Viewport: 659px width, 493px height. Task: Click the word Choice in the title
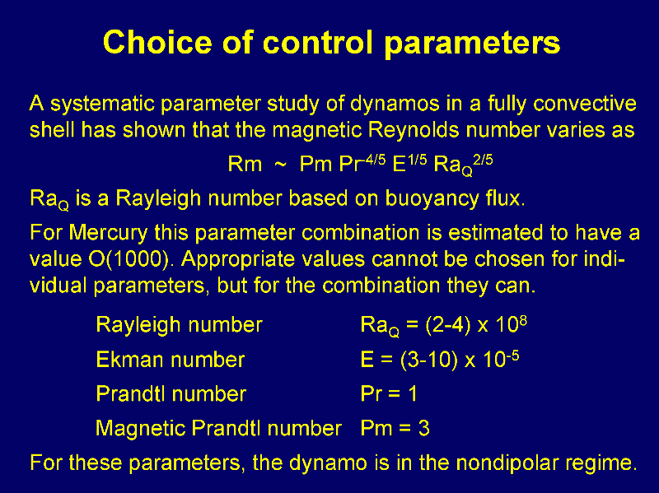click(157, 42)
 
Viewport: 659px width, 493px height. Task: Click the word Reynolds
click(414, 130)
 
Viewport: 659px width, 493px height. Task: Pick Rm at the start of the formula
click(245, 164)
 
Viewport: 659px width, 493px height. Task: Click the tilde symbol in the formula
click(280, 165)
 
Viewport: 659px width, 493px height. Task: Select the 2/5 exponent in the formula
click(483, 160)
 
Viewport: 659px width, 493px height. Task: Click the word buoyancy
click(432, 198)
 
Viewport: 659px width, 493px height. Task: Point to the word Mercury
click(109, 232)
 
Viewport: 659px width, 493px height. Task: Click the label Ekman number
click(171, 360)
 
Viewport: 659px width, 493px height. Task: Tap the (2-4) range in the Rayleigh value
click(447, 324)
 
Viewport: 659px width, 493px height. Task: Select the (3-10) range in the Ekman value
click(428, 360)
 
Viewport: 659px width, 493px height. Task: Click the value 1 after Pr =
click(412, 394)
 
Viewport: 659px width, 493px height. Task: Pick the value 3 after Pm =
click(423, 428)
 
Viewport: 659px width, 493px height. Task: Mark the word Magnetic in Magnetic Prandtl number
click(141, 429)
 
